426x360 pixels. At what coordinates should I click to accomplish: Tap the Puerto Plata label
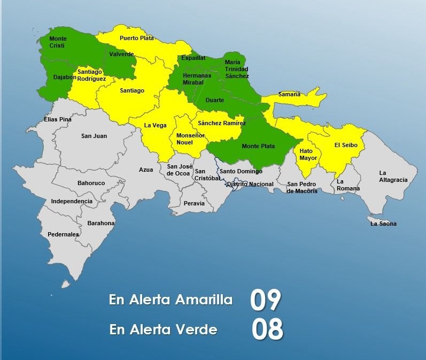click(136, 38)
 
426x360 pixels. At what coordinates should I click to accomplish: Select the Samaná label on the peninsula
click(289, 95)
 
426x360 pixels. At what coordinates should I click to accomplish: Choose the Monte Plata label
click(258, 146)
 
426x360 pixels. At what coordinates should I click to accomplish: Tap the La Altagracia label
click(393, 177)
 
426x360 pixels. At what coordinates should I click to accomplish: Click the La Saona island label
click(383, 224)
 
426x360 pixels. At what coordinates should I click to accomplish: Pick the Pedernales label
click(63, 234)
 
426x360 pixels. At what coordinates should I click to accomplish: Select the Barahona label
click(101, 223)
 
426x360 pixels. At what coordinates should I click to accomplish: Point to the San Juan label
click(94, 136)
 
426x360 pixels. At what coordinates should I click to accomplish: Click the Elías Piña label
click(57, 119)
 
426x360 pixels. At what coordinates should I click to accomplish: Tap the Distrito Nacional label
click(250, 184)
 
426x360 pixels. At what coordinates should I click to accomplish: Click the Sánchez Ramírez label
click(222, 124)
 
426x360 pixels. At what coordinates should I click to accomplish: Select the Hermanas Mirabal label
click(197, 79)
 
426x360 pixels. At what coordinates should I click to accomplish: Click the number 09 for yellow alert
click(265, 301)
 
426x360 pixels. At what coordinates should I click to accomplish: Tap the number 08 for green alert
click(267, 330)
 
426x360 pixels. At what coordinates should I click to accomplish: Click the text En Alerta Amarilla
click(171, 300)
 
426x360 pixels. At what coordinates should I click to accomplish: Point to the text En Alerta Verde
click(163, 330)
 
